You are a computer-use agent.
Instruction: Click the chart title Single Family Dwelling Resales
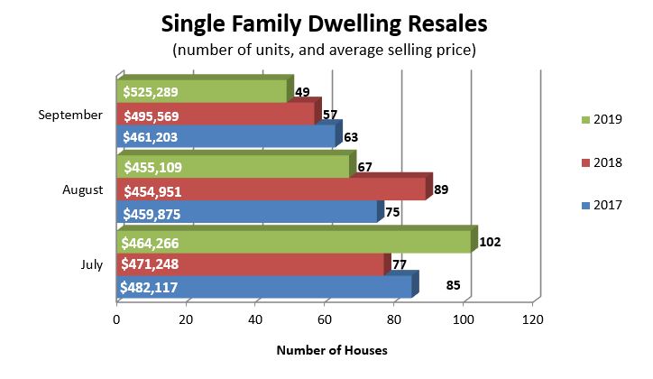point(326,23)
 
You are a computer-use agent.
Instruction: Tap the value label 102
point(490,242)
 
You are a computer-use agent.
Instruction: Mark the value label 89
point(441,189)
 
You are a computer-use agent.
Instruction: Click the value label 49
point(303,91)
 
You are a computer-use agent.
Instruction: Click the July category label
point(92,264)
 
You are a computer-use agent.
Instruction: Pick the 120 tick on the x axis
point(532,319)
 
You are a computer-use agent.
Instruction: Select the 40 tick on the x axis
point(255,319)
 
